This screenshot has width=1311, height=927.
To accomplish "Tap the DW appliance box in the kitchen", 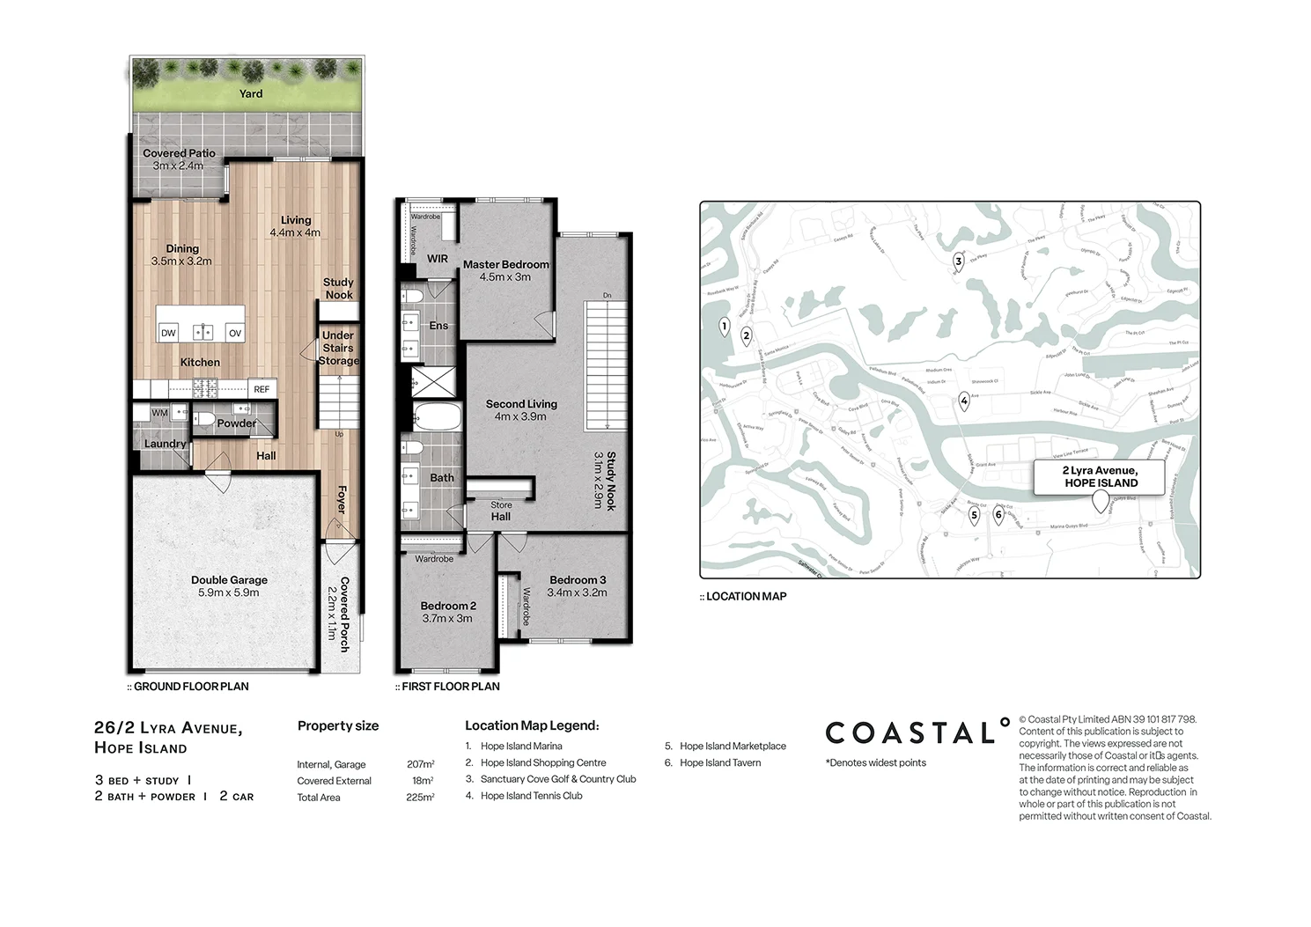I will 168,333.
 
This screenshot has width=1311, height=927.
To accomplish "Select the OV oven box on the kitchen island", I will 235,333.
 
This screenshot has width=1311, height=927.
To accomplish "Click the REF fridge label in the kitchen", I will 261,389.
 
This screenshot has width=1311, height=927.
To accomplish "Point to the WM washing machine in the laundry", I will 159,413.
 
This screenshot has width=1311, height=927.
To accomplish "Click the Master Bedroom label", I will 505,264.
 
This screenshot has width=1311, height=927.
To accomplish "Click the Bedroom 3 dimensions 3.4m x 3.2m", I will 577,592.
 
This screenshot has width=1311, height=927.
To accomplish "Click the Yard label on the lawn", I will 251,93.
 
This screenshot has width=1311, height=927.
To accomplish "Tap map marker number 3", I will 959,261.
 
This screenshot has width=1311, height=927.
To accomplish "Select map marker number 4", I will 964,401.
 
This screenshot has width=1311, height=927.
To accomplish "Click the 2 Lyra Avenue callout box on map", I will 1100,476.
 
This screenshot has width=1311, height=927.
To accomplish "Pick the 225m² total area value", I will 420,798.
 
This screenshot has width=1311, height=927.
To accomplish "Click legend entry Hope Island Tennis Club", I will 531,796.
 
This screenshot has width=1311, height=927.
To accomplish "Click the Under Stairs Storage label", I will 338,348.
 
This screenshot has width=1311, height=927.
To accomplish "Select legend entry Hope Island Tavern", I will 719,762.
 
